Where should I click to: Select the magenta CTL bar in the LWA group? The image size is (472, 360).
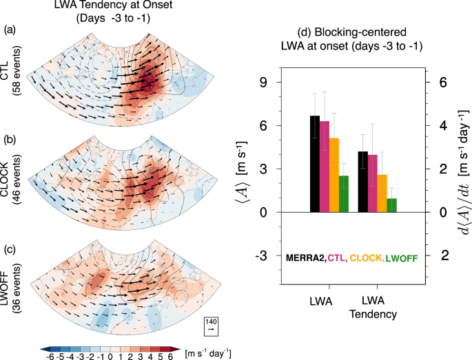tap(324, 167)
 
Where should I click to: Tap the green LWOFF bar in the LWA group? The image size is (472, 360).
tap(343, 194)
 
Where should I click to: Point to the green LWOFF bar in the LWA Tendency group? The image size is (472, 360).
tap(391, 205)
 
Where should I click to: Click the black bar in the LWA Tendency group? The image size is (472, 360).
tap(362, 182)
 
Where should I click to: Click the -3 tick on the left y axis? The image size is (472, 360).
tap(262, 256)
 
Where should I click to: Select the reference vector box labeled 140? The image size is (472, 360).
tap(212, 326)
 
